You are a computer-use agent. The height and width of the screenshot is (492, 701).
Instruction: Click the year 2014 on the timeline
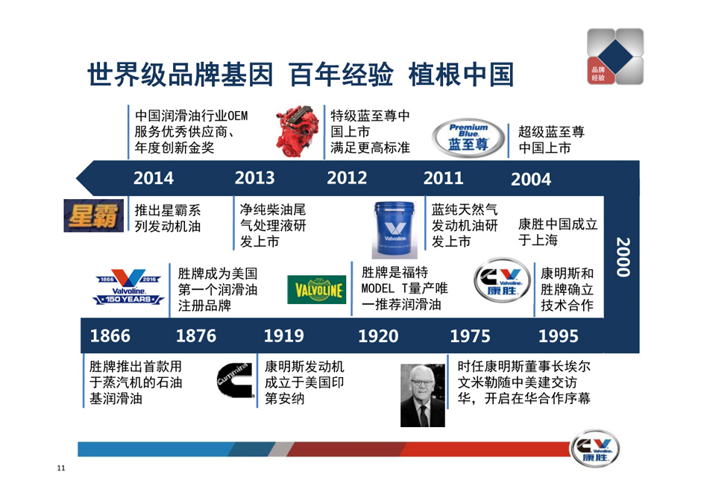point(154,178)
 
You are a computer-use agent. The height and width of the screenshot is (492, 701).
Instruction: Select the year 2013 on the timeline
point(254,178)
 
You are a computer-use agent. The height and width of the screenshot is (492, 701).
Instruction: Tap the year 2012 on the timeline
point(347,178)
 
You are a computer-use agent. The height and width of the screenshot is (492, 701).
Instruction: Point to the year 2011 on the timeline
point(443,178)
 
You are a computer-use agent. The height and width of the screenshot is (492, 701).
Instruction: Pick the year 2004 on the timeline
point(531,180)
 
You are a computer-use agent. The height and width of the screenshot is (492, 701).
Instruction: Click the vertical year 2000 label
point(623,257)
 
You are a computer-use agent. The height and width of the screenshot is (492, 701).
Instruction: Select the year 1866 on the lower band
point(110,336)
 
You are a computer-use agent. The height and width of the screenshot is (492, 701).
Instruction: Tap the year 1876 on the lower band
point(196,336)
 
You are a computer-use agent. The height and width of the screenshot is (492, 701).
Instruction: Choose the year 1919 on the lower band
point(284,336)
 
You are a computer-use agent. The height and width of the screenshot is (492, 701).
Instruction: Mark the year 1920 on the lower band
point(378,336)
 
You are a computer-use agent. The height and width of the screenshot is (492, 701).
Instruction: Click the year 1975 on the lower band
point(470,336)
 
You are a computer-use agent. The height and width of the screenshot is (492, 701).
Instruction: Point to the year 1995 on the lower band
point(558,336)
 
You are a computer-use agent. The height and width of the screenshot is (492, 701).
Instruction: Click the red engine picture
point(294,131)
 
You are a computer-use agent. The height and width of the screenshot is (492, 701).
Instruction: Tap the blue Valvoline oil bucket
point(394,230)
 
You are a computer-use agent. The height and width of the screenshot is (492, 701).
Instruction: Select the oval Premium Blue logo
point(468,138)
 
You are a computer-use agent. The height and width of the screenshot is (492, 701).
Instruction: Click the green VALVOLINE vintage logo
point(316,289)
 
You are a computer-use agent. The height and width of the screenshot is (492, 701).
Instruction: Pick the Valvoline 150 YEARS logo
point(128,287)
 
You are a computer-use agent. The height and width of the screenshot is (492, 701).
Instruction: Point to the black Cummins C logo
point(235,380)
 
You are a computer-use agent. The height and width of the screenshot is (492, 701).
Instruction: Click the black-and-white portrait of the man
point(423,396)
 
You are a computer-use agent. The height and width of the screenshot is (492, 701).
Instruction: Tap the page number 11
point(61,468)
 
